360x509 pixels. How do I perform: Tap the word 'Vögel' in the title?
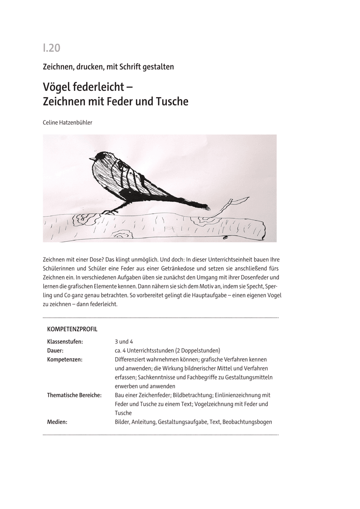(x=57, y=87)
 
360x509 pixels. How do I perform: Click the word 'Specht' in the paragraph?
(x=256, y=286)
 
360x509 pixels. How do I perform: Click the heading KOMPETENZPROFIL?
(x=72, y=329)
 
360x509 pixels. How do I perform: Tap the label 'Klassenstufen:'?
(x=65, y=341)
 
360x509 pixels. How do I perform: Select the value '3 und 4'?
(x=124, y=341)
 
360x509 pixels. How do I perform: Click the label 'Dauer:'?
(x=55, y=350)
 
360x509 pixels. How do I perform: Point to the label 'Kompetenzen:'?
(x=65, y=359)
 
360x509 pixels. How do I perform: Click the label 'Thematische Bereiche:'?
(x=74, y=395)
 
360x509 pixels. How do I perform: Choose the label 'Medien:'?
(x=57, y=422)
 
